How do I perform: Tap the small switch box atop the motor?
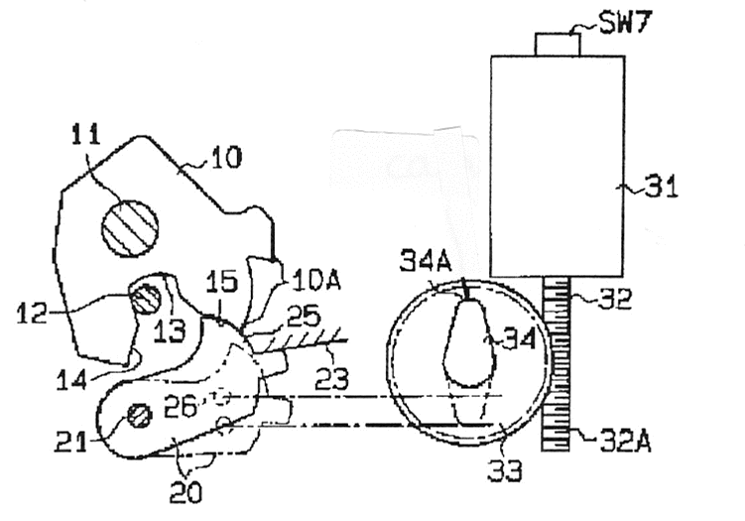558,45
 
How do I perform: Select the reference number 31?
661,187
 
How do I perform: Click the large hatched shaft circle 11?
130,228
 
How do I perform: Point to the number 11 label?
86,134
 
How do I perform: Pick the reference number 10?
226,157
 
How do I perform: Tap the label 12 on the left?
32,314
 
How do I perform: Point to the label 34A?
426,260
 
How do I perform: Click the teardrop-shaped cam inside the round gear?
469,341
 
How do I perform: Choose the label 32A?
625,442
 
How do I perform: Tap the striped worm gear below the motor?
556,364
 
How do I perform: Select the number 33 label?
505,470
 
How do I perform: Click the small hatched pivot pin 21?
139,416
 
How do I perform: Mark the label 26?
180,407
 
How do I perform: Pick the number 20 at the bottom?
186,492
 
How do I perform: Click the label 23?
331,379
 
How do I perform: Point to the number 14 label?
71,381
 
